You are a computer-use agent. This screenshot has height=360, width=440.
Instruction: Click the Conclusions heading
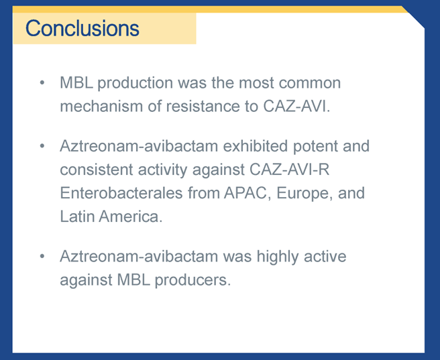click(82, 28)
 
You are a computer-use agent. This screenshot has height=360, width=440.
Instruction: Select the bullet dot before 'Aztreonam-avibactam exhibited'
click(42, 146)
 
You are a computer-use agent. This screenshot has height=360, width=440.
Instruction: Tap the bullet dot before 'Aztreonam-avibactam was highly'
click(42, 257)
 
